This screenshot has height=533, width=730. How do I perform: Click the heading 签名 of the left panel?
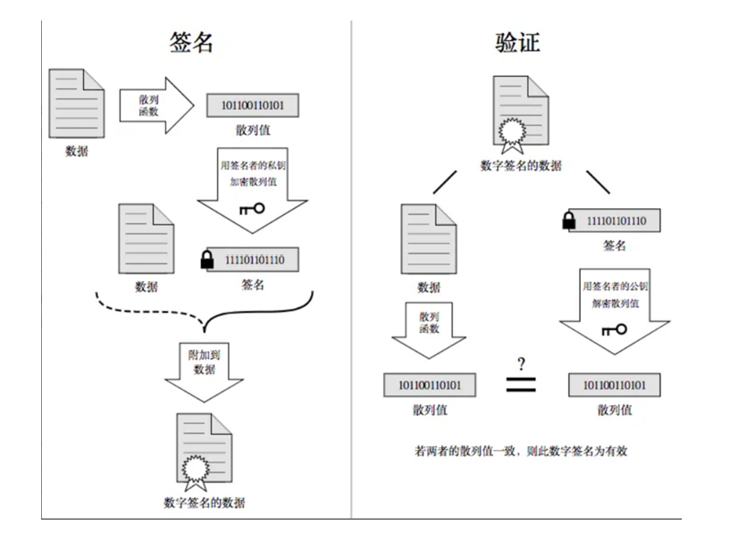tap(192, 41)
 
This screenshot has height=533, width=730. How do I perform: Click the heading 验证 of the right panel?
tap(518, 41)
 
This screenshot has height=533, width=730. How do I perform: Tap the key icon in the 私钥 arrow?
tap(252, 209)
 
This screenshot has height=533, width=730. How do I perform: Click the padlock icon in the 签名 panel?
tap(206, 261)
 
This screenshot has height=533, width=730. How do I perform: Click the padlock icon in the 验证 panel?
tap(568, 221)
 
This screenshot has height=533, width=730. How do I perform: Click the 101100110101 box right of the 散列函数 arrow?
tap(252, 106)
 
